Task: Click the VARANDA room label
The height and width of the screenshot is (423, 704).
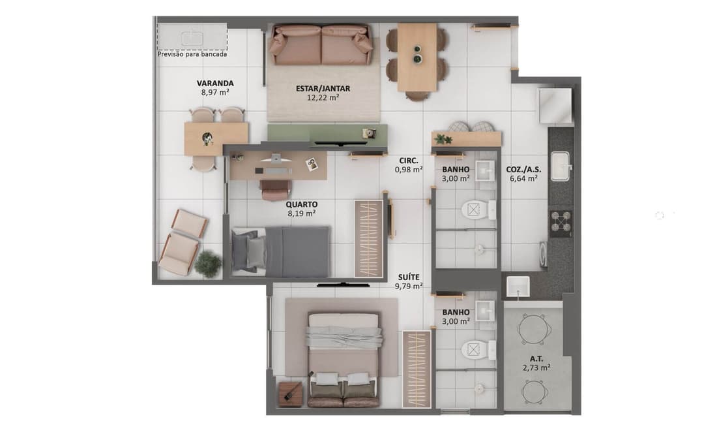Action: point(215,84)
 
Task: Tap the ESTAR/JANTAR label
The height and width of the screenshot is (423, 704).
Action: point(323,88)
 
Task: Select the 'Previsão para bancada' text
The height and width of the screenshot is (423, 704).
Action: point(192,55)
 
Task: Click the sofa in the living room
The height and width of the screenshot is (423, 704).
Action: point(322,45)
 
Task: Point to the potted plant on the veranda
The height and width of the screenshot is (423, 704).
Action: point(208,264)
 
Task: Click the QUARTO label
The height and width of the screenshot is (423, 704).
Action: point(301,204)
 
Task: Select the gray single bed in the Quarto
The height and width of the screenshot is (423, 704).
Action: point(281,251)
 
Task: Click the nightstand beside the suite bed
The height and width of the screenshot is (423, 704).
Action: point(289,394)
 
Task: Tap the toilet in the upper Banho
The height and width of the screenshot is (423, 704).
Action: point(474,210)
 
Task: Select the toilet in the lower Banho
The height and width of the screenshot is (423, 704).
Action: point(474,350)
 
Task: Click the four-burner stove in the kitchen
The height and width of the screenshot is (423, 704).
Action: point(561,223)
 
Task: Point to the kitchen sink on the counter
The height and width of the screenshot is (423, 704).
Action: point(560,166)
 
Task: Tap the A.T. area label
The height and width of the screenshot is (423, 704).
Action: point(536,358)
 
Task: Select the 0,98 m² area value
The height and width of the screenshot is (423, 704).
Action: point(409,170)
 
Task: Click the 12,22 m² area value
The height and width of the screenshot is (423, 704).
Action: point(323,98)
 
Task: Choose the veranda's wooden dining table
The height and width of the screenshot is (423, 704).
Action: point(215,139)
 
